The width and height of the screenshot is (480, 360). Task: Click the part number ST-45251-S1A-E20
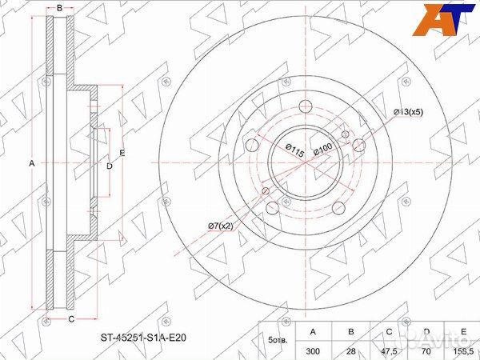pos(147,338)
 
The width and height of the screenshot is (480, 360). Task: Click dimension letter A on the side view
pos(32,163)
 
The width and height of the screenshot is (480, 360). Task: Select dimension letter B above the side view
pos(59,7)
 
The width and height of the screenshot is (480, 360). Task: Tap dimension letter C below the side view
pos(70,320)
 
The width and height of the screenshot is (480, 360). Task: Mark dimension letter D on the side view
pos(110,166)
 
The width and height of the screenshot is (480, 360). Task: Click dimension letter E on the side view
pos(122,153)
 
